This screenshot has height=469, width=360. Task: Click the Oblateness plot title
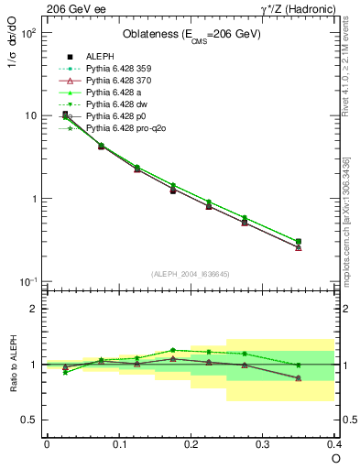click(x=191, y=35)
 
